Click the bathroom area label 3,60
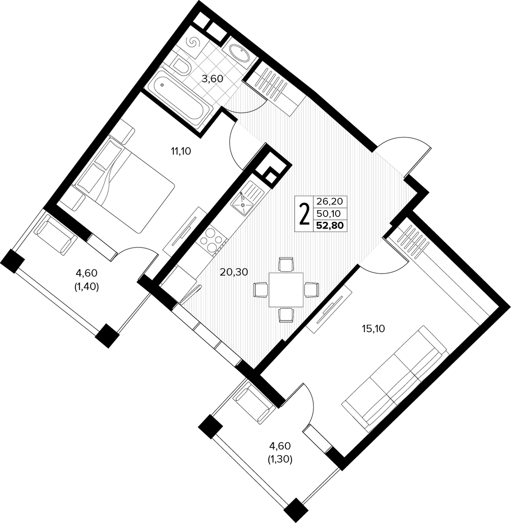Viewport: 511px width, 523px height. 213,79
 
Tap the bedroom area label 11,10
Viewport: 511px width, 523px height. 181,152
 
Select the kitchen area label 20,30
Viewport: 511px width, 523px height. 234,272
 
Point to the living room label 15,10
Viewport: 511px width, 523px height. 373,329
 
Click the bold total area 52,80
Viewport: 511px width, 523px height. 329,226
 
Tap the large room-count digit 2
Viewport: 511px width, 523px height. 304,214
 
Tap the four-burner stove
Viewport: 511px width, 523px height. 212,240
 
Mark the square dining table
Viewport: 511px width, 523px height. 286,290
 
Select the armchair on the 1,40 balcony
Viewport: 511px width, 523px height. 56,235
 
